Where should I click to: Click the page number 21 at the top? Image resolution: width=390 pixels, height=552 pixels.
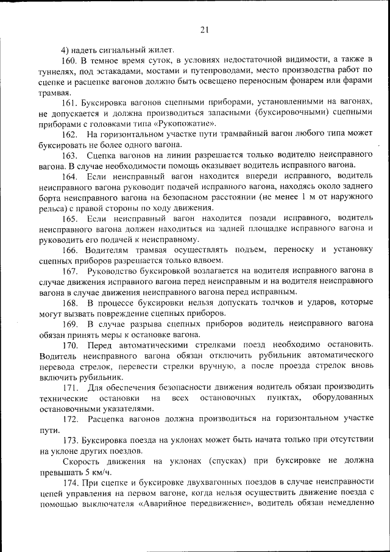pyautogui.click(x=204, y=30)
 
